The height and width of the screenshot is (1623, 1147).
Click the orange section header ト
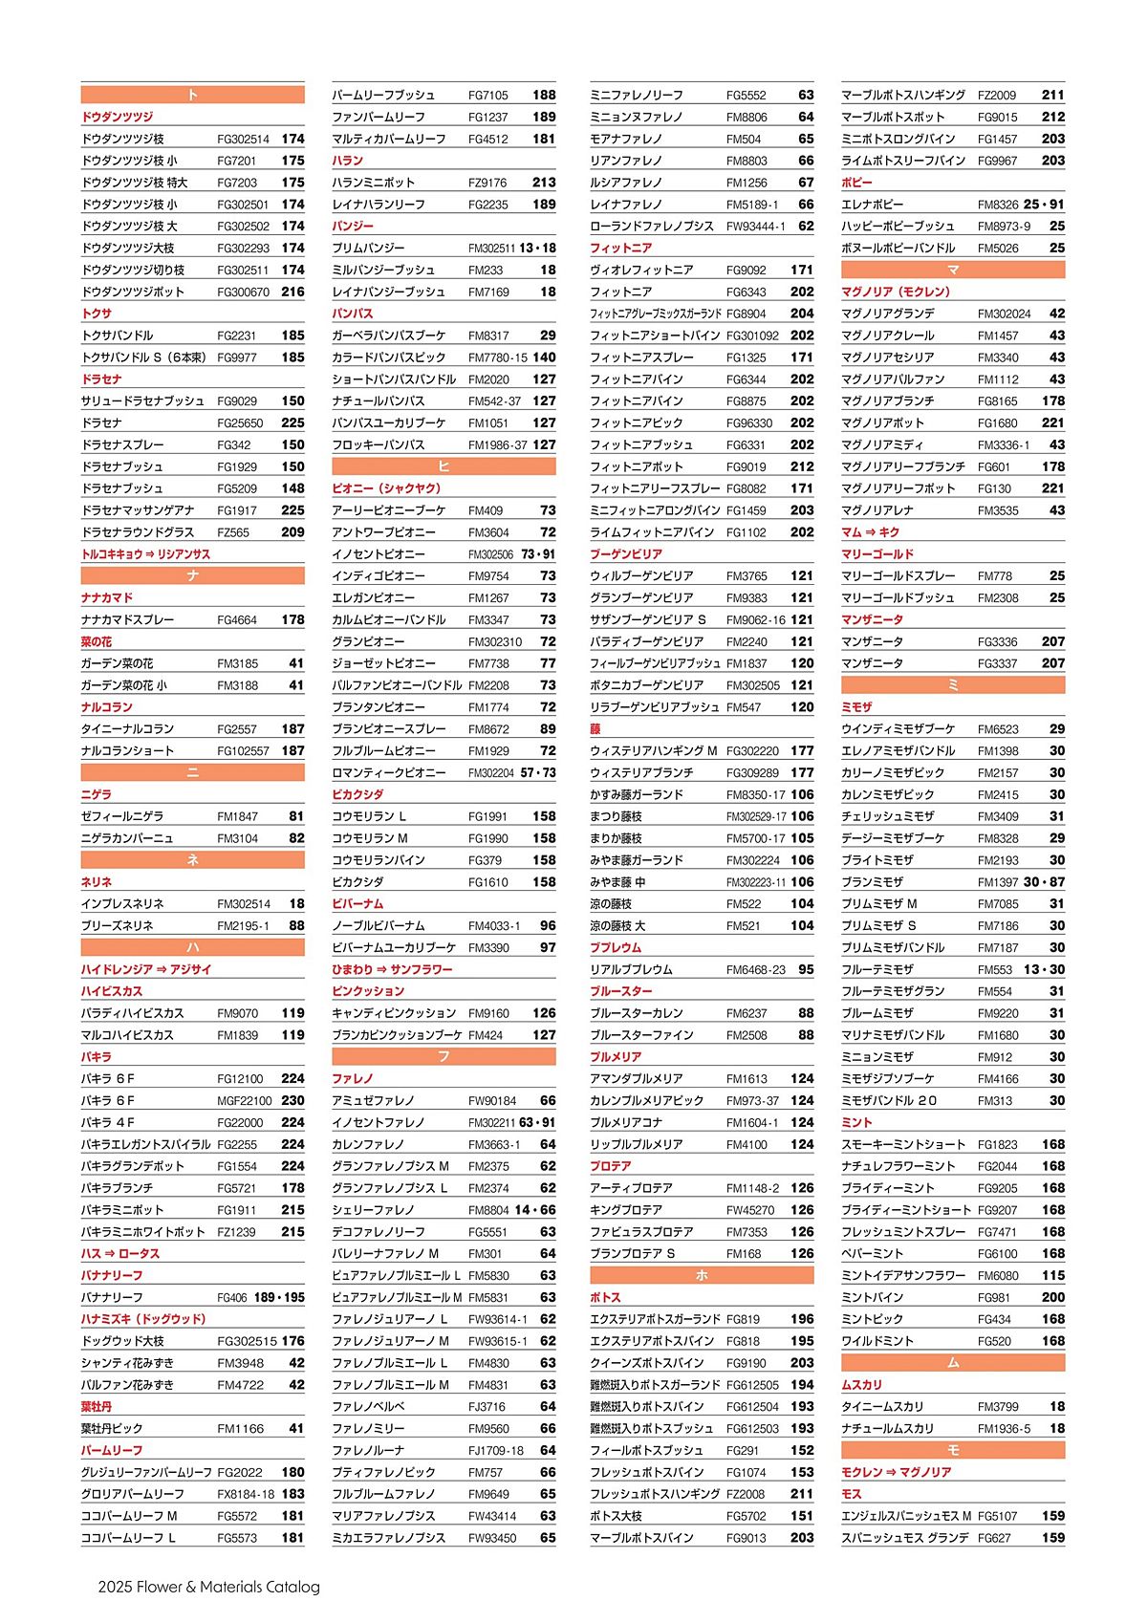[x=192, y=95]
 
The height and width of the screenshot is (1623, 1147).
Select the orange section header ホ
[x=702, y=1275]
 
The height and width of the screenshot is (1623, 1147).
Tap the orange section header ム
[x=953, y=1363]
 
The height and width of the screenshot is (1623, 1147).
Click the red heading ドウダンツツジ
[x=117, y=117]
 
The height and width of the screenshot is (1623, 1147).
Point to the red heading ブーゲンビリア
[x=626, y=554]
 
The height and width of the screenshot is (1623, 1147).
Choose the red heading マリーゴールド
[x=877, y=554]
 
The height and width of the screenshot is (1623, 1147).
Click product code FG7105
[x=488, y=96]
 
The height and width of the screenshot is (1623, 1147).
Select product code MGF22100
[x=245, y=1101]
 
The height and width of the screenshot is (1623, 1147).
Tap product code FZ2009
[x=997, y=96]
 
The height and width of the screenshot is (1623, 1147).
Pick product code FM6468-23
[x=755, y=970]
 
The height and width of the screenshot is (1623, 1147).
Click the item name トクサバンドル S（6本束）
[x=143, y=357]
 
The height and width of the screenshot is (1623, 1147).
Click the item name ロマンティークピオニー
[x=389, y=773]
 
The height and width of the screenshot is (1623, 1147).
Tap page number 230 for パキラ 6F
[x=292, y=1101]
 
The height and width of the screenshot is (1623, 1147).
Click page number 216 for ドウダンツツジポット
[x=292, y=292]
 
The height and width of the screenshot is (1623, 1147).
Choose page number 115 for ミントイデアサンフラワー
[x=1053, y=1276]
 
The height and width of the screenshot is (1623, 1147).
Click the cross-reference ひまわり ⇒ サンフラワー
[x=392, y=969]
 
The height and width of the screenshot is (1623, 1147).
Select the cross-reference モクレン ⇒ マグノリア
[x=896, y=1472]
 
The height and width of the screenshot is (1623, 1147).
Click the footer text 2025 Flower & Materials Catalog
[x=208, y=1587]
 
